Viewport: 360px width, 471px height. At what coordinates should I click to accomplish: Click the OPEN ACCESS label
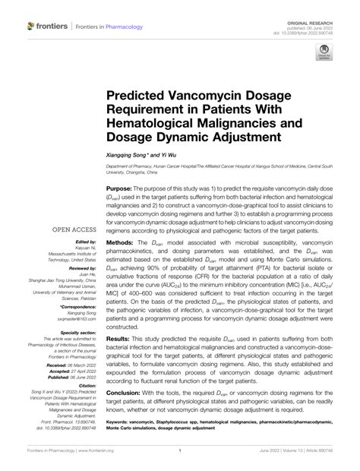point(74,228)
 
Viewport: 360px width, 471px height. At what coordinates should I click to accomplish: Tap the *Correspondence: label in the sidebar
point(77,306)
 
